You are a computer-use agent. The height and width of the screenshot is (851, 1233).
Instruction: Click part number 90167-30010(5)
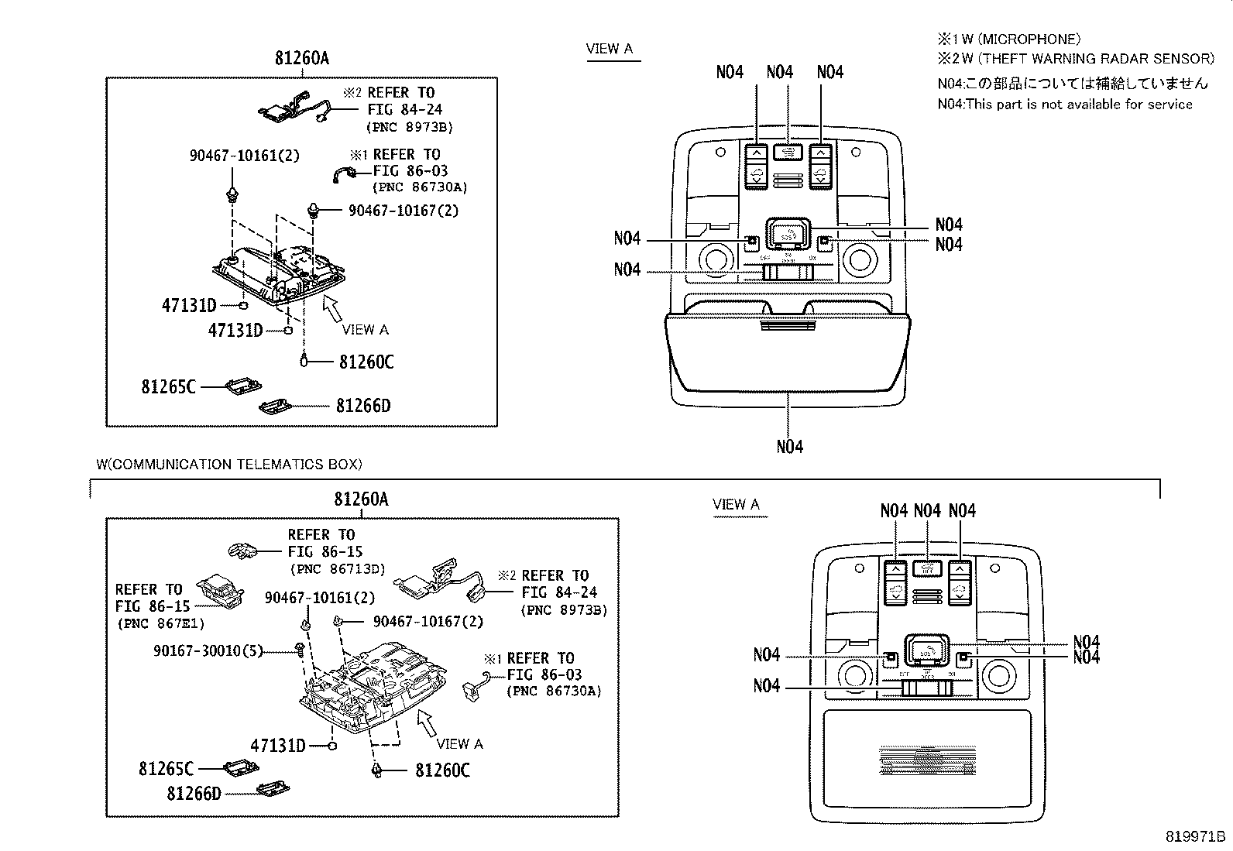point(208,651)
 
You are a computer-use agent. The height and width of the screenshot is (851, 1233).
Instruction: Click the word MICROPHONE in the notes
point(1032,39)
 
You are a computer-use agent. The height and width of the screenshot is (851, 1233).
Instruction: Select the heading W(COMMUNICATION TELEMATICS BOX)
point(229,465)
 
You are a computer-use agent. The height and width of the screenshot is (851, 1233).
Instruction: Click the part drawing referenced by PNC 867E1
point(220,590)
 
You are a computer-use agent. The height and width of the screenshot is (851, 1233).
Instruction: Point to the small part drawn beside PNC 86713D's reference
point(242,551)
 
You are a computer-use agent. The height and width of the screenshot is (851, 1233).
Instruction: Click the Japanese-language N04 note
point(1072,84)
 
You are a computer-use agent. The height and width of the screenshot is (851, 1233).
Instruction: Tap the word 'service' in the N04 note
point(1169,105)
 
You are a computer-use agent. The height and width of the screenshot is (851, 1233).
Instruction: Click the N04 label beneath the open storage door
point(789,447)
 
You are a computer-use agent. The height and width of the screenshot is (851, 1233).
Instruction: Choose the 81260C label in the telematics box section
point(442,770)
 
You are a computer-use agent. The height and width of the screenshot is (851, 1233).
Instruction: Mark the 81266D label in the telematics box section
point(194,794)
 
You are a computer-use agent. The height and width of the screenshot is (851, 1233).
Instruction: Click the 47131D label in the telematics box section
point(278,746)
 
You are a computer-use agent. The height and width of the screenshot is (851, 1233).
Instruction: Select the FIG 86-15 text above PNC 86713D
point(325,552)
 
